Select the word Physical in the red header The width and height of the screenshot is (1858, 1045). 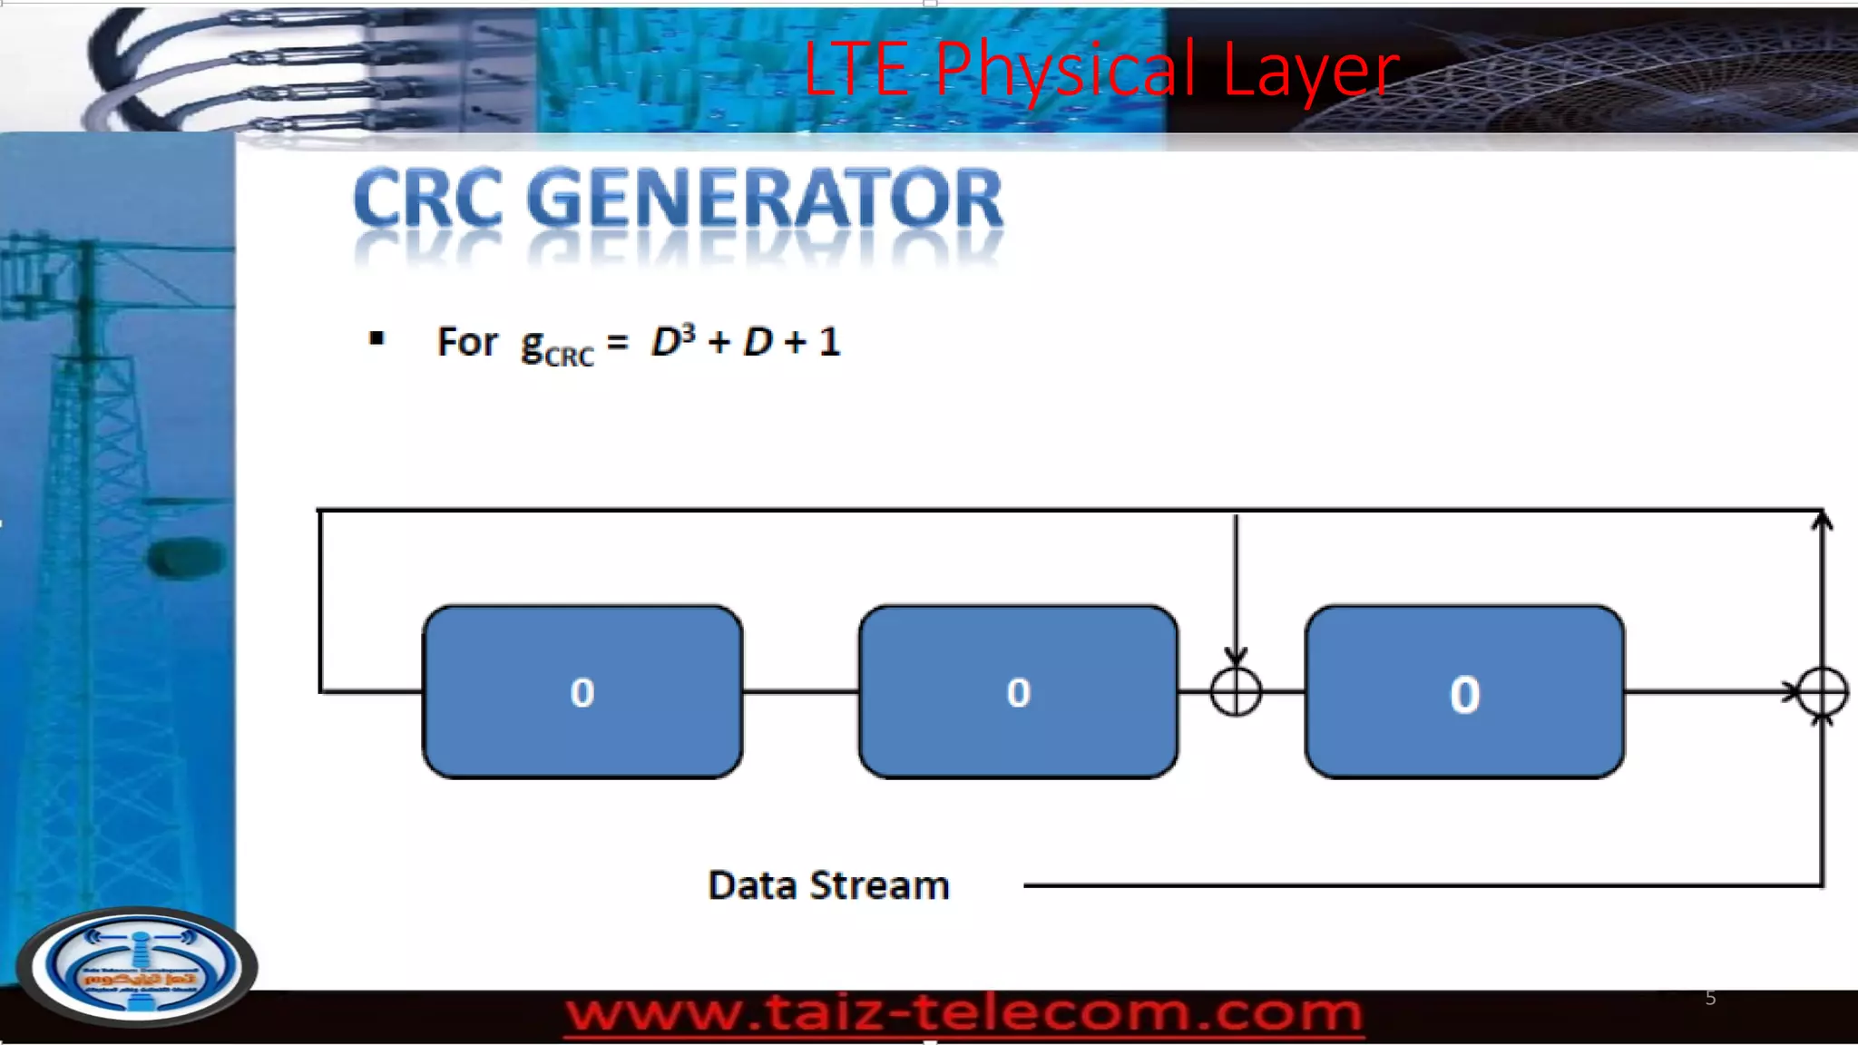point(1065,70)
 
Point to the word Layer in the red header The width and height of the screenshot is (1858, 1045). point(1311,70)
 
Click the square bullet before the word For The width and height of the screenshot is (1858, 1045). point(377,340)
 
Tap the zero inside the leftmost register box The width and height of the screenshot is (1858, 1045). point(582,693)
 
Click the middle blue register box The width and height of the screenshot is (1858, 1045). point(1018,692)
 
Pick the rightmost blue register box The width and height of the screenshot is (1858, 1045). point(1464,692)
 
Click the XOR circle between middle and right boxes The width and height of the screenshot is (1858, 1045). point(1236,692)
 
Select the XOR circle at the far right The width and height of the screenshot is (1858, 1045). point(1822,692)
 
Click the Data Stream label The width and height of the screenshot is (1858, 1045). point(828,885)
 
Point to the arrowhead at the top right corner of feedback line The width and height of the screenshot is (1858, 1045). point(1822,520)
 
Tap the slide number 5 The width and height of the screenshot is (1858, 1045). point(1710,998)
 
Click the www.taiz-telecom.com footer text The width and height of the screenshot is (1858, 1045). point(963,1012)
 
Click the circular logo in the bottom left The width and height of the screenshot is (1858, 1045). point(138,965)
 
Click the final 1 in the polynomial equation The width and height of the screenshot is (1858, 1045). point(829,342)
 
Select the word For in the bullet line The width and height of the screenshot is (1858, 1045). point(467,342)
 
